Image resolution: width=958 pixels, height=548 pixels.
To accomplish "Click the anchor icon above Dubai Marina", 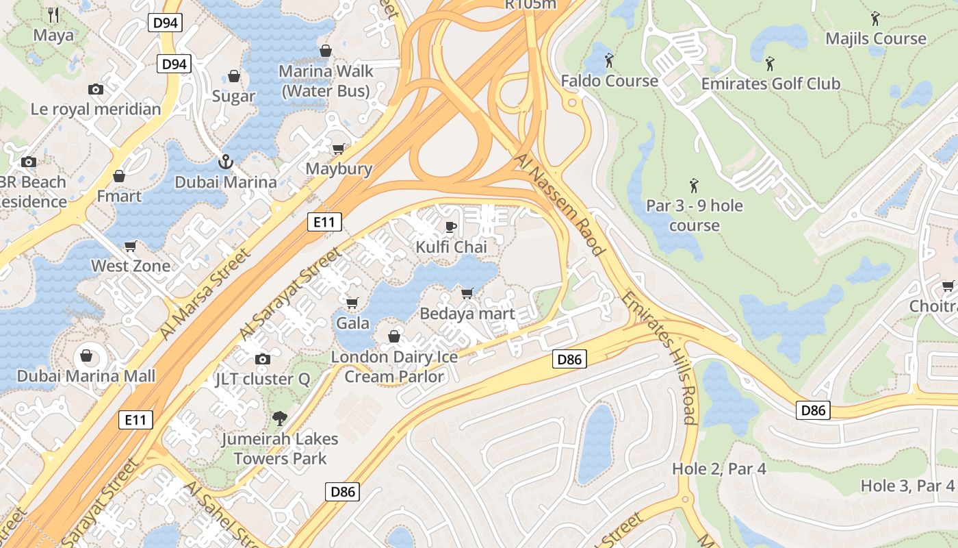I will pyautogui.click(x=225, y=162).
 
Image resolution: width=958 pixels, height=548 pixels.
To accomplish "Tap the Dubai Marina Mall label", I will pyautogui.click(x=86, y=376).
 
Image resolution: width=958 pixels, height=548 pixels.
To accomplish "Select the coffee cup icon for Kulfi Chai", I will pyautogui.click(x=450, y=227).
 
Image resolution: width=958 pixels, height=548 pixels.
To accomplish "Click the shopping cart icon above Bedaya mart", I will pyautogui.click(x=467, y=293).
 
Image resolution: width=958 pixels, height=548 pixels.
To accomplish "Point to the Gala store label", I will pyautogui.click(x=353, y=323).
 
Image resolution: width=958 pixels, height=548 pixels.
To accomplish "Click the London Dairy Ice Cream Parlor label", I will pyautogui.click(x=394, y=366).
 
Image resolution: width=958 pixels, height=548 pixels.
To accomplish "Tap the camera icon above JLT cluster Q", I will pyautogui.click(x=262, y=359).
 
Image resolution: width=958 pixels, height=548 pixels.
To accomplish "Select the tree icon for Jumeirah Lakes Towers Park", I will pyautogui.click(x=279, y=419).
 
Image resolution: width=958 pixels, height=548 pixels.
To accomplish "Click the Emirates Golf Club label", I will pyautogui.click(x=771, y=84).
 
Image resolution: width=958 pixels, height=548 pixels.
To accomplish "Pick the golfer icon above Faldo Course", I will pyautogui.click(x=609, y=60).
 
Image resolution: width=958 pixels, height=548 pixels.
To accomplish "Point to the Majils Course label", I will pyautogui.click(x=875, y=38).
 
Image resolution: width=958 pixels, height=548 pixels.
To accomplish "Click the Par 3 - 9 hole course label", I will pyautogui.click(x=694, y=215).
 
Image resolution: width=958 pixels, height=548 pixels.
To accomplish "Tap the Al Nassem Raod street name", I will pyautogui.click(x=559, y=204).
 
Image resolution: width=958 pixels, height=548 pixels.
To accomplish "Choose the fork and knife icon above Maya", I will pyautogui.click(x=54, y=14).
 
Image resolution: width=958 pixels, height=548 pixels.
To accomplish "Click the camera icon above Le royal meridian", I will pyautogui.click(x=96, y=89).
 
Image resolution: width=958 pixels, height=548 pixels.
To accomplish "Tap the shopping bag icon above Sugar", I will pyautogui.click(x=234, y=76).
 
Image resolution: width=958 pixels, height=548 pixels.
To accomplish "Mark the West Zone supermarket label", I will pyautogui.click(x=131, y=266).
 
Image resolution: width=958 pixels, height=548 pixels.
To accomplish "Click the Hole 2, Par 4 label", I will pyautogui.click(x=718, y=469).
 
